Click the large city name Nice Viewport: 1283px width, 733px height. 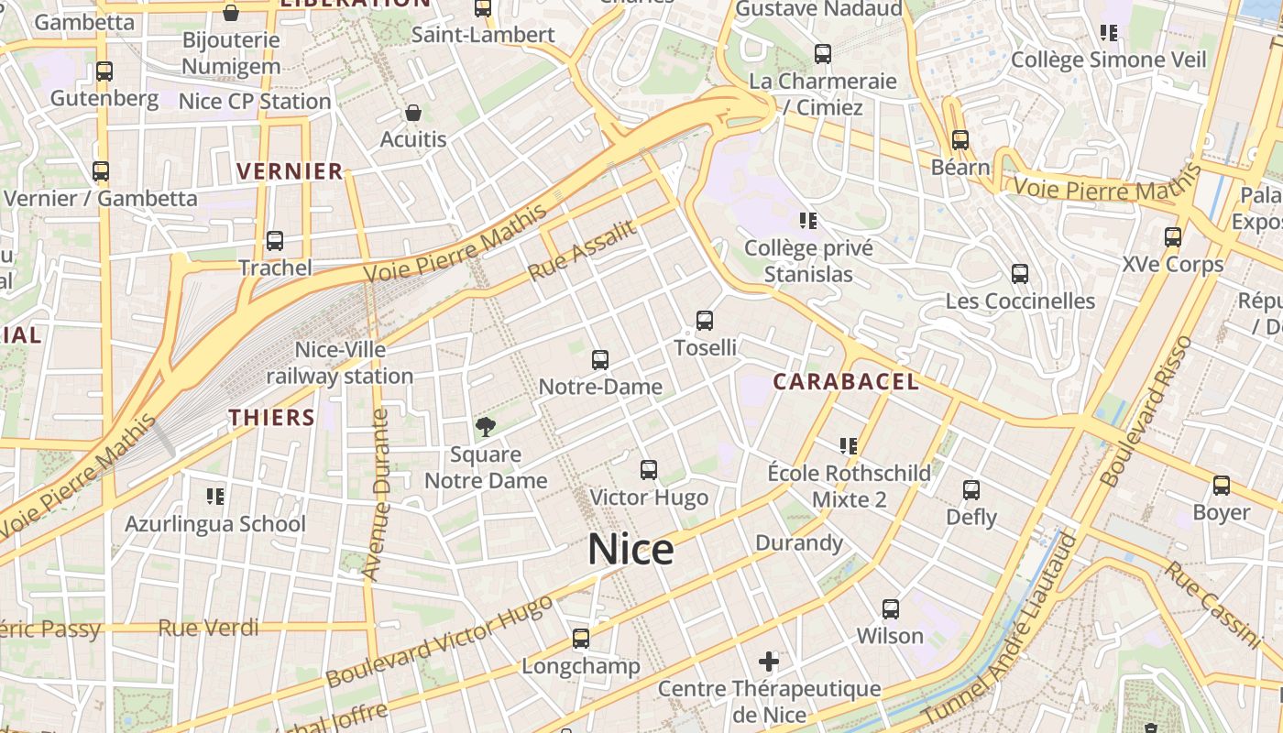(631, 549)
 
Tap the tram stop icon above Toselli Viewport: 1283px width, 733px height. (704, 321)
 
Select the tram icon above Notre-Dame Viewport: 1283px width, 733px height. (600, 359)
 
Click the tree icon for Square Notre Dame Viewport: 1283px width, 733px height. (485, 426)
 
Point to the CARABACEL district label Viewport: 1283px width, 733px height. (845, 382)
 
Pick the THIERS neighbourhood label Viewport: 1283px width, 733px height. (272, 418)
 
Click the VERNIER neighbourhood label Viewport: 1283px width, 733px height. (290, 171)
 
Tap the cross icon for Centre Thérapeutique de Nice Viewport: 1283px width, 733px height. (769, 661)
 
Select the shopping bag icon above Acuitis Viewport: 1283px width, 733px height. (413, 113)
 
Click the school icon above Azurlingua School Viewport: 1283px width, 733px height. (215, 497)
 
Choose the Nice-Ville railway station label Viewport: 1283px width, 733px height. (340, 363)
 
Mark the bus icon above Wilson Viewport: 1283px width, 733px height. (890, 608)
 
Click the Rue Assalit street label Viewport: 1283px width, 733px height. (582, 251)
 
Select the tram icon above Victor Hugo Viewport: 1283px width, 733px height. (649, 470)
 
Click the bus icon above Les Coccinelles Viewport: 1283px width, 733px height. (1019, 274)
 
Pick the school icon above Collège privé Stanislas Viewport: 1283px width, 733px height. (807, 221)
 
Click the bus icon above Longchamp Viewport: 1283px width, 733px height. (580, 639)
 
